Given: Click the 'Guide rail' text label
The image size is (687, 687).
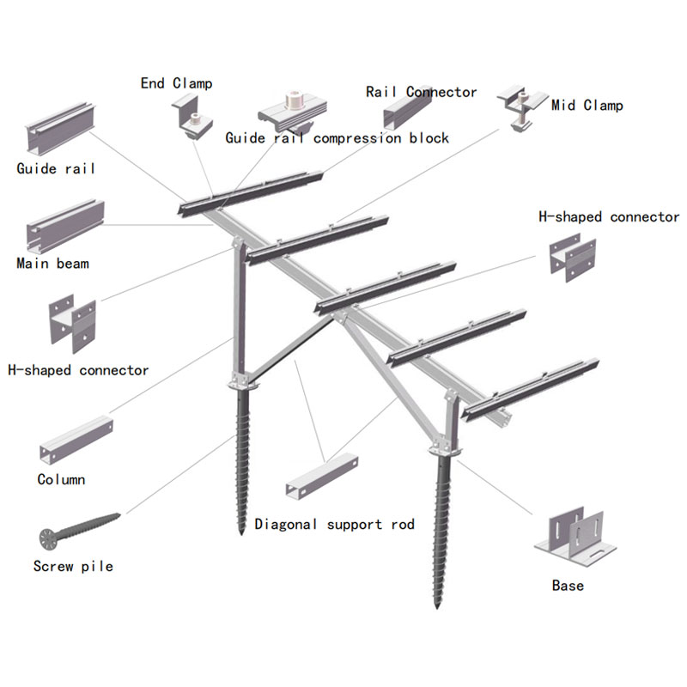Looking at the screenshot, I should point(56,168).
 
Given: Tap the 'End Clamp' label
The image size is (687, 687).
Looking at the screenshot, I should point(176,83).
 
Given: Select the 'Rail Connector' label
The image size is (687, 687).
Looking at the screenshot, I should point(421,92).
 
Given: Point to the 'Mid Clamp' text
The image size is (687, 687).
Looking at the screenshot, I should point(587,106).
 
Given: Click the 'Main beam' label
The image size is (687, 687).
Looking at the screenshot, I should point(52,263).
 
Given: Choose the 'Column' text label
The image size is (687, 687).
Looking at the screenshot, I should point(61,479).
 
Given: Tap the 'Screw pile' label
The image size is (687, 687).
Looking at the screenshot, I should point(73,566).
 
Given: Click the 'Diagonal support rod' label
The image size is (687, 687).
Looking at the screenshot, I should point(334,524).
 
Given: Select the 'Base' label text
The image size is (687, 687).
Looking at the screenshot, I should point(568,586).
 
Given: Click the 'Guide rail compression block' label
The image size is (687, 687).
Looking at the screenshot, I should point(337,137).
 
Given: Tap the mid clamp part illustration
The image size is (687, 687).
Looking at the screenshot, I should point(523,108).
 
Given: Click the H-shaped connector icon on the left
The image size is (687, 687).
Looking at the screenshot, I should point(72,325).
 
